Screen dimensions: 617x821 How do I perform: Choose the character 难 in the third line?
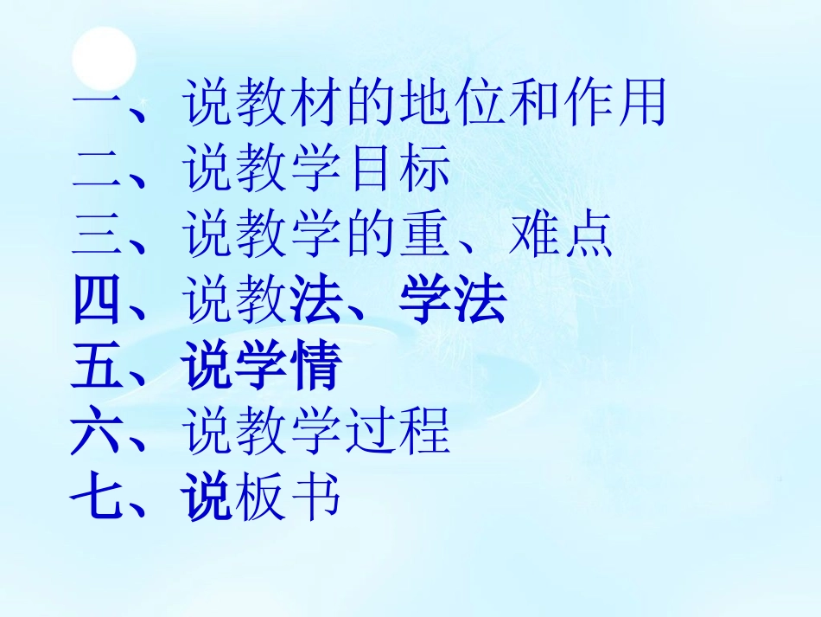(533, 236)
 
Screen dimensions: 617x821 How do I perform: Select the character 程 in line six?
(424, 434)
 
